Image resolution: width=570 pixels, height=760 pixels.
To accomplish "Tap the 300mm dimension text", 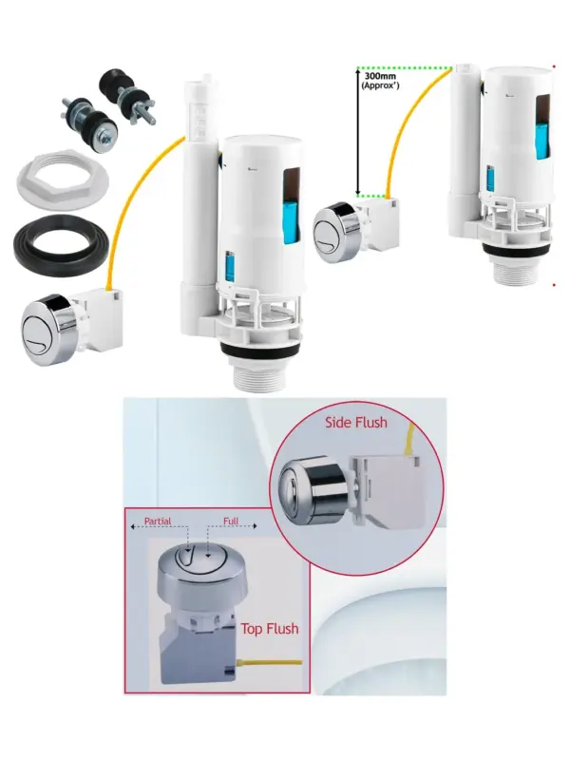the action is click(x=381, y=76).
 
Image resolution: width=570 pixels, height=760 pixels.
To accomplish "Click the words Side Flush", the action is click(x=356, y=422).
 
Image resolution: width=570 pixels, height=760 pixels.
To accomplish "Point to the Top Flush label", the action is click(x=270, y=629).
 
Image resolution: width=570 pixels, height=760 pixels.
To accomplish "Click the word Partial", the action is click(x=158, y=521).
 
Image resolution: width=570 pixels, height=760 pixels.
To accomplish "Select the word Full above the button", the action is click(x=231, y=521).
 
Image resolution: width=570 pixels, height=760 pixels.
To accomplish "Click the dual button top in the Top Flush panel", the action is click(x=202, y=559).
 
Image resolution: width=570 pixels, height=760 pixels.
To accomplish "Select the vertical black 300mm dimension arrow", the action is click(x=358, y=132).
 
